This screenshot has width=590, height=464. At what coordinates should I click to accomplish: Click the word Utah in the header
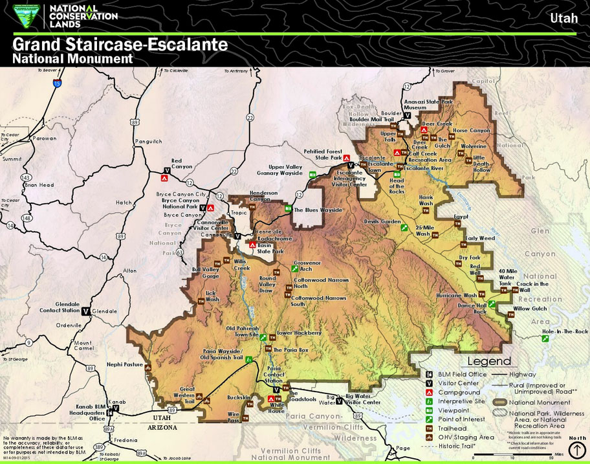pos(563,17)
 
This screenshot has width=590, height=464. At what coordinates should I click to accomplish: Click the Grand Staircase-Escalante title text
pos(120,45)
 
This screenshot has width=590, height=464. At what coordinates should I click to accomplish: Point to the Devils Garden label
pos(382,221)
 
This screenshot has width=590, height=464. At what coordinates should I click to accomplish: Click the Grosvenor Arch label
pos(307,266)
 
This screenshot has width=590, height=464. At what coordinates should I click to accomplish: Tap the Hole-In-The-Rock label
pos(564,331)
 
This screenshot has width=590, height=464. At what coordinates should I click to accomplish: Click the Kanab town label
pos(116,402)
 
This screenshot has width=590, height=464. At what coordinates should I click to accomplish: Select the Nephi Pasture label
pos(124,364)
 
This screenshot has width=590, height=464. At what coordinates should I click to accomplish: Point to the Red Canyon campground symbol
pos(164,178)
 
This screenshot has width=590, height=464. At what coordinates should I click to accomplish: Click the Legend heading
pos(489,361)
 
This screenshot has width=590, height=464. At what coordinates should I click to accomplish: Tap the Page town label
pos(403,448)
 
